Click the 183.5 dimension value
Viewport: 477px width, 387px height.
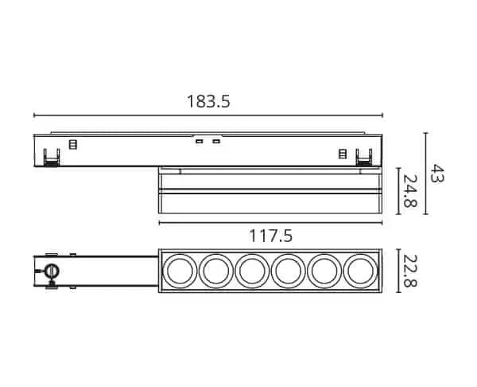208,101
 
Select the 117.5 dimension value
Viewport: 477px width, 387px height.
270,236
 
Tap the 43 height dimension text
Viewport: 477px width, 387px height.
437,173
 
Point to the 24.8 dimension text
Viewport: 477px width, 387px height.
409,190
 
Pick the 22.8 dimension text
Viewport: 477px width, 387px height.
410,271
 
